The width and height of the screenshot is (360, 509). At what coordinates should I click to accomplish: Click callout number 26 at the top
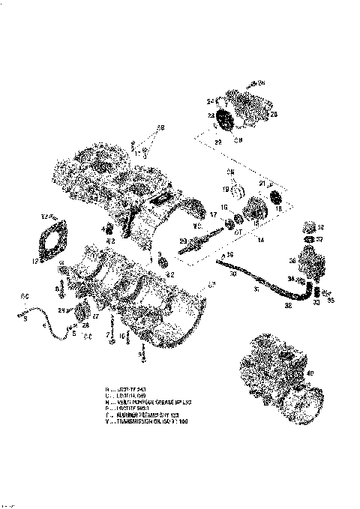tap(262, 82)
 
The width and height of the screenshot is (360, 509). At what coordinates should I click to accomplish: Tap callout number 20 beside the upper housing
tap(273, 114)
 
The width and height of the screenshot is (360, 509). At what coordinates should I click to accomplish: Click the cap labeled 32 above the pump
tap(308, 228)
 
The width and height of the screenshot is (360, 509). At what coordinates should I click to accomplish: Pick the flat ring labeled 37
tap(307, 241)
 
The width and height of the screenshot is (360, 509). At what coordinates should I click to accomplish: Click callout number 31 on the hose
tap(259, 289)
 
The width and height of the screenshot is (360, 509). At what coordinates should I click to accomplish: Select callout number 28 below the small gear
tap(86, 326)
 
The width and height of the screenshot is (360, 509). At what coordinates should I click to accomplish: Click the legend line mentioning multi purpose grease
tap(150, 401)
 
